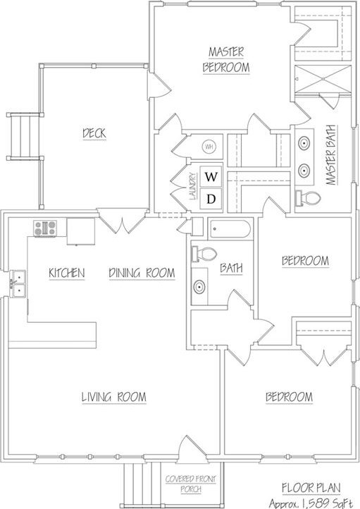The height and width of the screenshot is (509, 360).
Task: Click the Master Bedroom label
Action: pyautogui.click(x=227, y=59)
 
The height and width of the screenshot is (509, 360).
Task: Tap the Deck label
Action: pyautogui.click(x=94, y=133)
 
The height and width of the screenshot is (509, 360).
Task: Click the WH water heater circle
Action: pyautogui.click(x=209, y=147)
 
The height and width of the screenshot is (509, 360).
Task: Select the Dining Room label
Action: pyautogui.click(x=142, y=273)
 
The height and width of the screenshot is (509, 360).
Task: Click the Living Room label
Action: pyautogui.click(x=113, y=398)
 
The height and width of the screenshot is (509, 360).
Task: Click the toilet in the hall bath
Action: pyautogui.click(x=200, y=254)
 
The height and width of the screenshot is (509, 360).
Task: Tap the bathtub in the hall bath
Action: pyautogui.click(x=230, y=229)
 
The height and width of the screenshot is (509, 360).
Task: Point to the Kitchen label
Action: pyautogui.click(x=67, y=273)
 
